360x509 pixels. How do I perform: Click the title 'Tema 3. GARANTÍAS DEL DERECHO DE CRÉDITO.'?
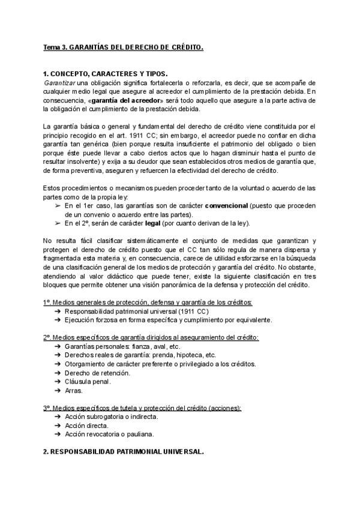point(123,47)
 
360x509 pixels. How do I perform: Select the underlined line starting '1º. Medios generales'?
point(148,303)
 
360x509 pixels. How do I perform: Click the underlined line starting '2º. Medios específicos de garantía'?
point(151,338)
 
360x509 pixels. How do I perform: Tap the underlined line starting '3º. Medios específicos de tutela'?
point(142,408)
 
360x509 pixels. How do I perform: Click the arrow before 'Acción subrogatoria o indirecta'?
point(56,417)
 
